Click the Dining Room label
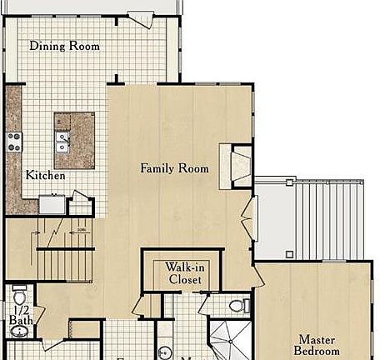64,46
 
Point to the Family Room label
174,168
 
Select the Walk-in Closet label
184,273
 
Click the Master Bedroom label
316,345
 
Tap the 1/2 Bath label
21,315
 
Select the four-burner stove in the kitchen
14,141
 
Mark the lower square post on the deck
289,253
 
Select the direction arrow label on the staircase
81,231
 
